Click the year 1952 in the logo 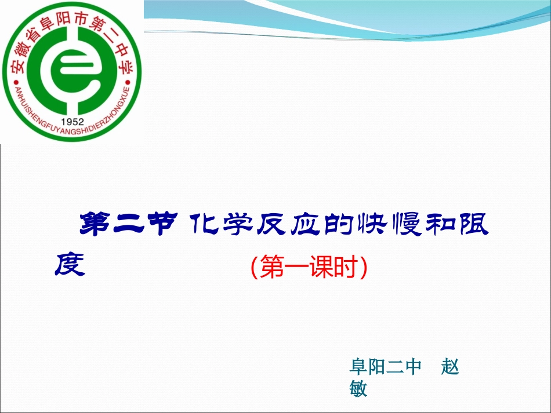point(72,122)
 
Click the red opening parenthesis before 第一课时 point(254,268)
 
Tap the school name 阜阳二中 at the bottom point(385,367)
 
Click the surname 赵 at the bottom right point(450,367)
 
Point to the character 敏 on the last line point(359,388)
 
